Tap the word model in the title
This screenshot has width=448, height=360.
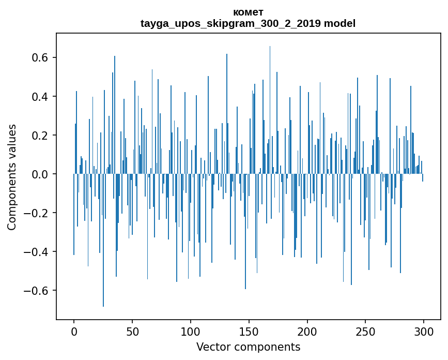340,24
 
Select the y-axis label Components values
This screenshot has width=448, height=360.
11,177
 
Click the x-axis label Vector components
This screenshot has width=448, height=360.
248,347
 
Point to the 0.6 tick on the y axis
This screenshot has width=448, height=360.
40,57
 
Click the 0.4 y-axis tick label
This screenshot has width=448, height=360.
40,97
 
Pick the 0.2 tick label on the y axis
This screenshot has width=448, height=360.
40,136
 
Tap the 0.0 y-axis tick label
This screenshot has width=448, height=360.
40,174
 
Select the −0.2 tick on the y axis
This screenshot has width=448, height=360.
37,213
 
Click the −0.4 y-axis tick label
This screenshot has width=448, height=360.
37,252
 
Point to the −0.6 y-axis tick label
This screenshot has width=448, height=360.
37,291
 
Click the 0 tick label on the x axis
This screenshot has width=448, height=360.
74,332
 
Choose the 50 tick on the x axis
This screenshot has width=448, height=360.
132,332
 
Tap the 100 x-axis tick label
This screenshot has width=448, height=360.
191,332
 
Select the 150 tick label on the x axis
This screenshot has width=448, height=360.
249,332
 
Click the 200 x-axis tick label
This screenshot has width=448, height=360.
307,332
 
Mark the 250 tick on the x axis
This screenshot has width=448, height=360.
366,332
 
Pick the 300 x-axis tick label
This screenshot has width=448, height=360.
424,332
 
